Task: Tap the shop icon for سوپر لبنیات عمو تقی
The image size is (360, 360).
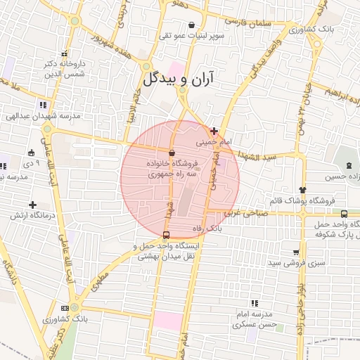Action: click(x=192, y=24)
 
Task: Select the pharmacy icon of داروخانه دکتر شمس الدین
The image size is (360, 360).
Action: click(x=64, y=53)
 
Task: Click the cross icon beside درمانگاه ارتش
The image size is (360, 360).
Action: click(x=33, y=205)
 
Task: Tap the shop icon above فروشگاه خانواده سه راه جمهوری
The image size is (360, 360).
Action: click(x=172, y=152)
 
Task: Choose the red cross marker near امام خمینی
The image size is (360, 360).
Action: click(x=214, y=131)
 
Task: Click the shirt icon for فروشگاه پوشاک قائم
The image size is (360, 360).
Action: click(x=303, y=189)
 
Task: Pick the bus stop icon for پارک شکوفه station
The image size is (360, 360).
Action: click(x=344, y=214)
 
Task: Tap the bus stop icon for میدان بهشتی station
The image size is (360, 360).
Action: click(x=166, y=236)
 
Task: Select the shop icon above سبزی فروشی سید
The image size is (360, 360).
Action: click(x=297, y=252)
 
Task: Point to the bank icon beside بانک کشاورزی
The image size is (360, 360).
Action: click(x=65, y=308)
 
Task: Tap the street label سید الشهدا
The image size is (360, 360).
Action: click(x=263, y=154)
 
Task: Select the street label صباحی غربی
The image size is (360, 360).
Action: click(x=245, y=210)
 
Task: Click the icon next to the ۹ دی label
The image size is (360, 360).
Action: click(x=31, y=153)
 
